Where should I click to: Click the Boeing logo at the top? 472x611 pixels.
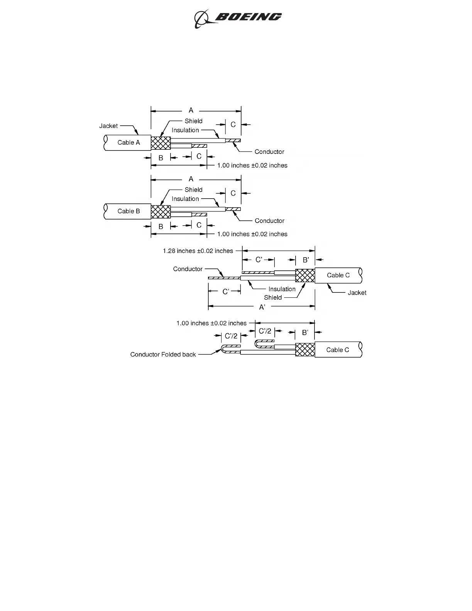238,18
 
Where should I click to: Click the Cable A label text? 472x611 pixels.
129,143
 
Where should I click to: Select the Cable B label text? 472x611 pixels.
129,211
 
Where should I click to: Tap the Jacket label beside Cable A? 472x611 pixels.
108,126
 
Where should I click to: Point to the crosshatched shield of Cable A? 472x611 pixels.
161,143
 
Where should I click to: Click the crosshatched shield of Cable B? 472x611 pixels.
161,212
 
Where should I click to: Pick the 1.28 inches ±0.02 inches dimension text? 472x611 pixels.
198,251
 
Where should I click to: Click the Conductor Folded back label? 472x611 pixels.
163,354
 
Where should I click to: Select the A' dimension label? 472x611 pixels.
262,307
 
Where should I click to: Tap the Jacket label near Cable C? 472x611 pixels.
357,293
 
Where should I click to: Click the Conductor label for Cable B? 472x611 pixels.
269,221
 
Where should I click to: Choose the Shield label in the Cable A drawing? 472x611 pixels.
193,121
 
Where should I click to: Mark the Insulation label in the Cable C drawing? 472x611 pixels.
282,289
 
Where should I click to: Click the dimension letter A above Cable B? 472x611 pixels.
191,179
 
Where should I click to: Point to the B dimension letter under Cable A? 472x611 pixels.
161,158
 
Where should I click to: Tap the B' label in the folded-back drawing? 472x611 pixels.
305,332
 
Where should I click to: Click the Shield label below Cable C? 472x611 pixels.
273,297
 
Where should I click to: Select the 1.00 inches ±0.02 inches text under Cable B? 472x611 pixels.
252,234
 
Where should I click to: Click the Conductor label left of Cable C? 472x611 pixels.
188,269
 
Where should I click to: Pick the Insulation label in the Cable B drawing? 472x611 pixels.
185,199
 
